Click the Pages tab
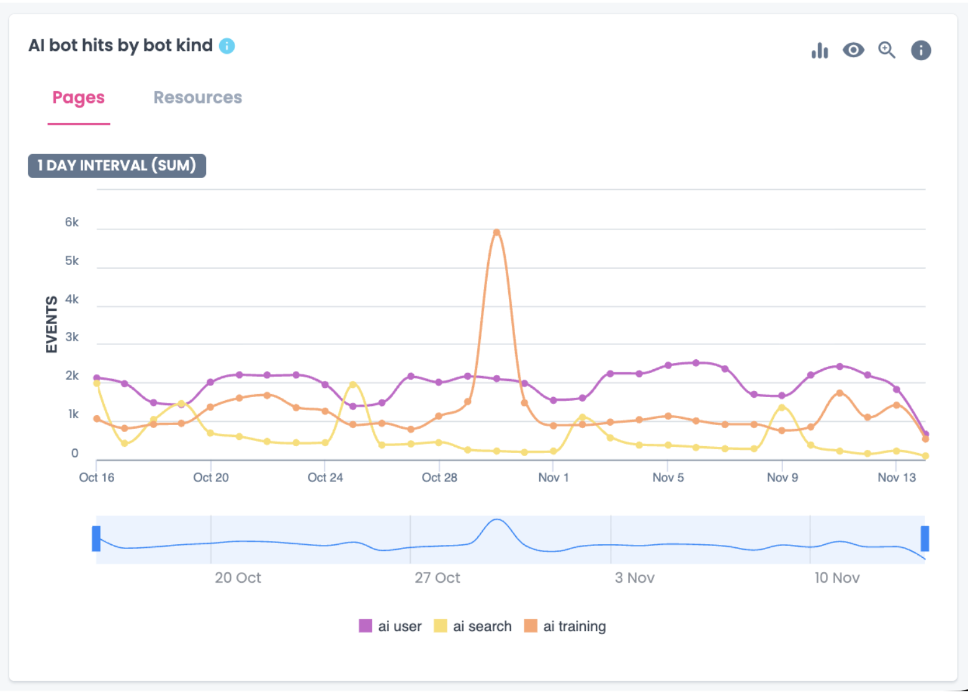pyautogui.click(x=78, y=98)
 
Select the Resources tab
pyautogui.click(x=197, y=98)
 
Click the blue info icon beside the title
pyautogui.click(x=227, y=46)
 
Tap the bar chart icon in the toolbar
pyautogui.click(x=820, y=50)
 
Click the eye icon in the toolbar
pyautogui.click(x=853, y=50)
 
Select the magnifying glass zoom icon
pyautogui.click(x=887, y=50)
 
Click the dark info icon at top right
pyautogui.click(x=921, y=50)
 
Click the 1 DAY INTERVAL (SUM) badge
pyautogui.click(x=117, y=166)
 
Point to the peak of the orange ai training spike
pyautogui.click(x=496, y=233)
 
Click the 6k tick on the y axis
pyautogui.click(x=72, y=222)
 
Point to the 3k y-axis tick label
pyautogui.click(x=72, y=337)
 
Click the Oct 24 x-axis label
pyautogui.click(x=325, y=477)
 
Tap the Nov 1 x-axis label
pyautogui.click(x=553, y=477)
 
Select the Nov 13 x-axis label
pyautogui.click(x=896, y=477)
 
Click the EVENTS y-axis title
pyautogui.click(x=52, y=324)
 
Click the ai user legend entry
pyautogui.click(x=390, y=626)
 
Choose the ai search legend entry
pyautogui.click(x=473, y=626)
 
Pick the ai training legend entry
pyautogui.click(x=565, y=626)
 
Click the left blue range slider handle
pyautogui.click(x=96, y=539)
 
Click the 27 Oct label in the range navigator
pyautogui.click(x=437, y=578)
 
